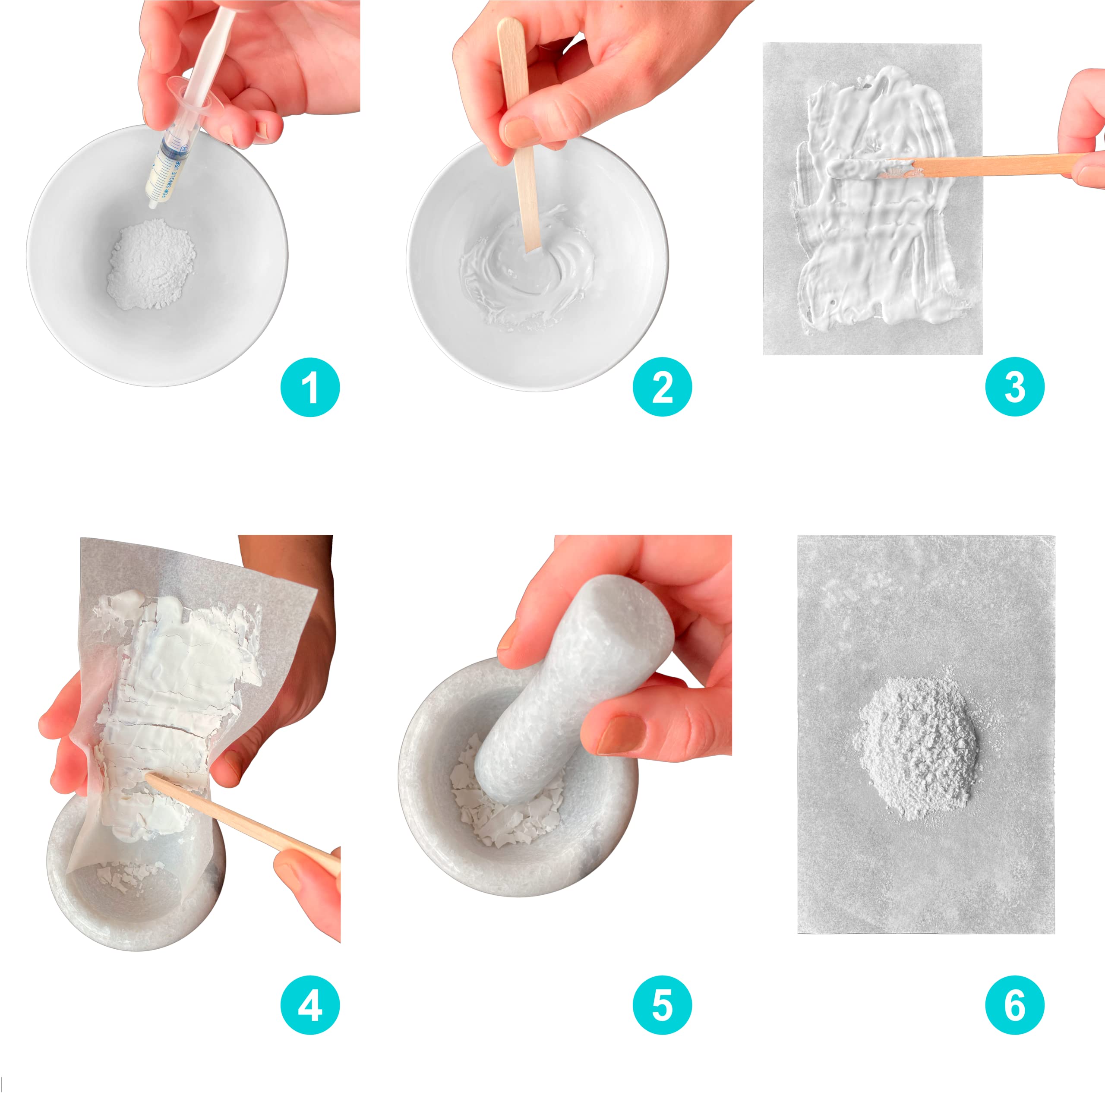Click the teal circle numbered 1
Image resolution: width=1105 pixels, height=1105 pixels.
[x=310, y=387]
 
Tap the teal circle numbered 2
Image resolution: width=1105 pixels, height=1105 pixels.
[x=662, y=387]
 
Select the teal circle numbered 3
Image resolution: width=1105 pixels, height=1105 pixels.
[x=1015, y=387]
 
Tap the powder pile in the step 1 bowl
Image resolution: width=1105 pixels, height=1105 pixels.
[x=152, y=266]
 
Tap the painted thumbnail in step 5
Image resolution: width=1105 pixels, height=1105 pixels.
[x=621, y=736]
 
